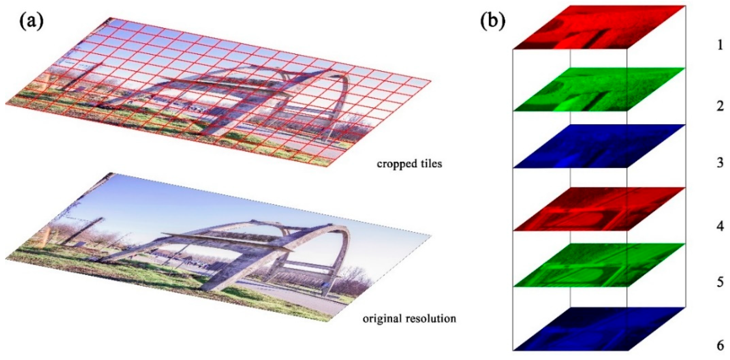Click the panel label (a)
[32, 22]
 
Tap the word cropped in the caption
[394, 164]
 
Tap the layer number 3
[720, 163]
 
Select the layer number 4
[720, 227]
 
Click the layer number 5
[720, 283]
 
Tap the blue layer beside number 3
[598, 146]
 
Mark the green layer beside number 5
[598, 265]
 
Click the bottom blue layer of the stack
[598, 329]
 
